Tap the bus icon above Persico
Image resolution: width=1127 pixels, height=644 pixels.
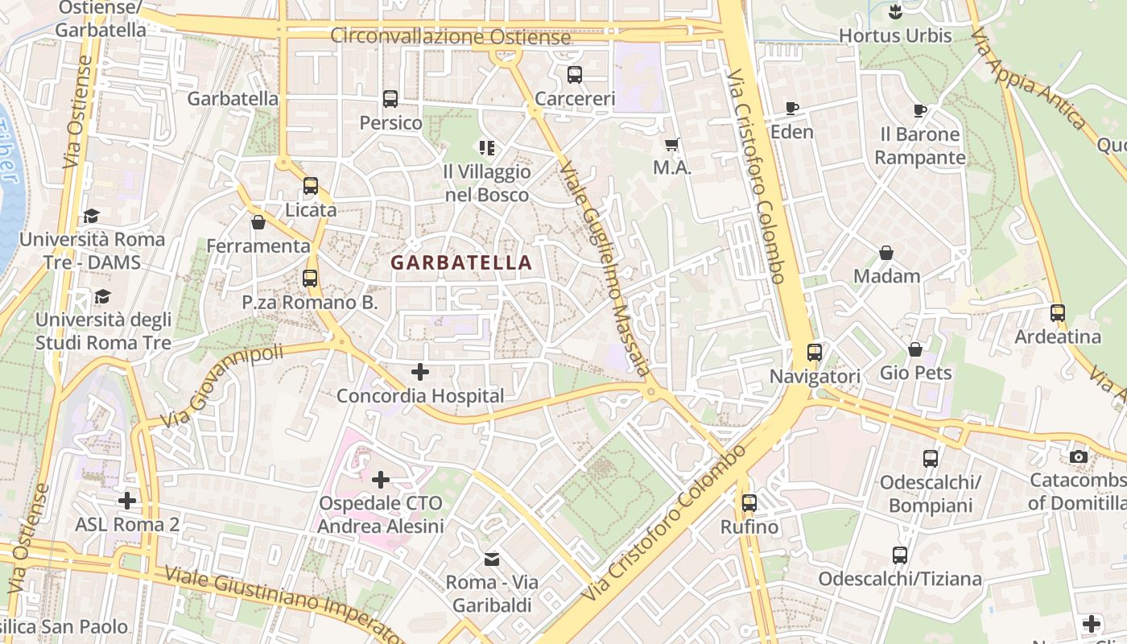(x=390, y=99)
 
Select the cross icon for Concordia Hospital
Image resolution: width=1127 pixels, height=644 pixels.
(x=420, y=372)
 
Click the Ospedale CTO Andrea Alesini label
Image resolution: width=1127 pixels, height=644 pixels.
(x=381, y=515)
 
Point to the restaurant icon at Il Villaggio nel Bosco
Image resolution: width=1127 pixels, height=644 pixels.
(x=487, y=147)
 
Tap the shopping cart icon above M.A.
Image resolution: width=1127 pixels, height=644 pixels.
(x=672, y=145)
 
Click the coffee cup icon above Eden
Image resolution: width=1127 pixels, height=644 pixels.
(x=792, y=108)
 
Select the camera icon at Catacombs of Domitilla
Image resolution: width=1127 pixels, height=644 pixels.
(x=1079, y=456)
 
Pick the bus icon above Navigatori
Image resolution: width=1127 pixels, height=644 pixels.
(x=815, y=352)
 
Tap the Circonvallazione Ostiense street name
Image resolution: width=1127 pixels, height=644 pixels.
(x=451, y=37)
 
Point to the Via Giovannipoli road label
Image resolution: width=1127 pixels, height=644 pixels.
(x=222, y=386)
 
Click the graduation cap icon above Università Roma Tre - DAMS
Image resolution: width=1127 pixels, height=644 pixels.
(x=91, y=216)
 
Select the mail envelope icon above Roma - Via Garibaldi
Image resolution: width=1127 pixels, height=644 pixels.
(x=491, y=559)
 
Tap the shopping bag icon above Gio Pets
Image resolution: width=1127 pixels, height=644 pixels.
(x=915, y=349)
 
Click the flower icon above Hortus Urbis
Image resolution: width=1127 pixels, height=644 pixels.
(x=895, y=12)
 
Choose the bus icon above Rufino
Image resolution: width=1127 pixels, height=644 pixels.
(x=749, y=503)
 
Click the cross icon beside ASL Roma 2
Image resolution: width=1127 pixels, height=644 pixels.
(x=127, y=501)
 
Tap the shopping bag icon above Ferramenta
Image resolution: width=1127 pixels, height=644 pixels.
(x=258, y=222)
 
